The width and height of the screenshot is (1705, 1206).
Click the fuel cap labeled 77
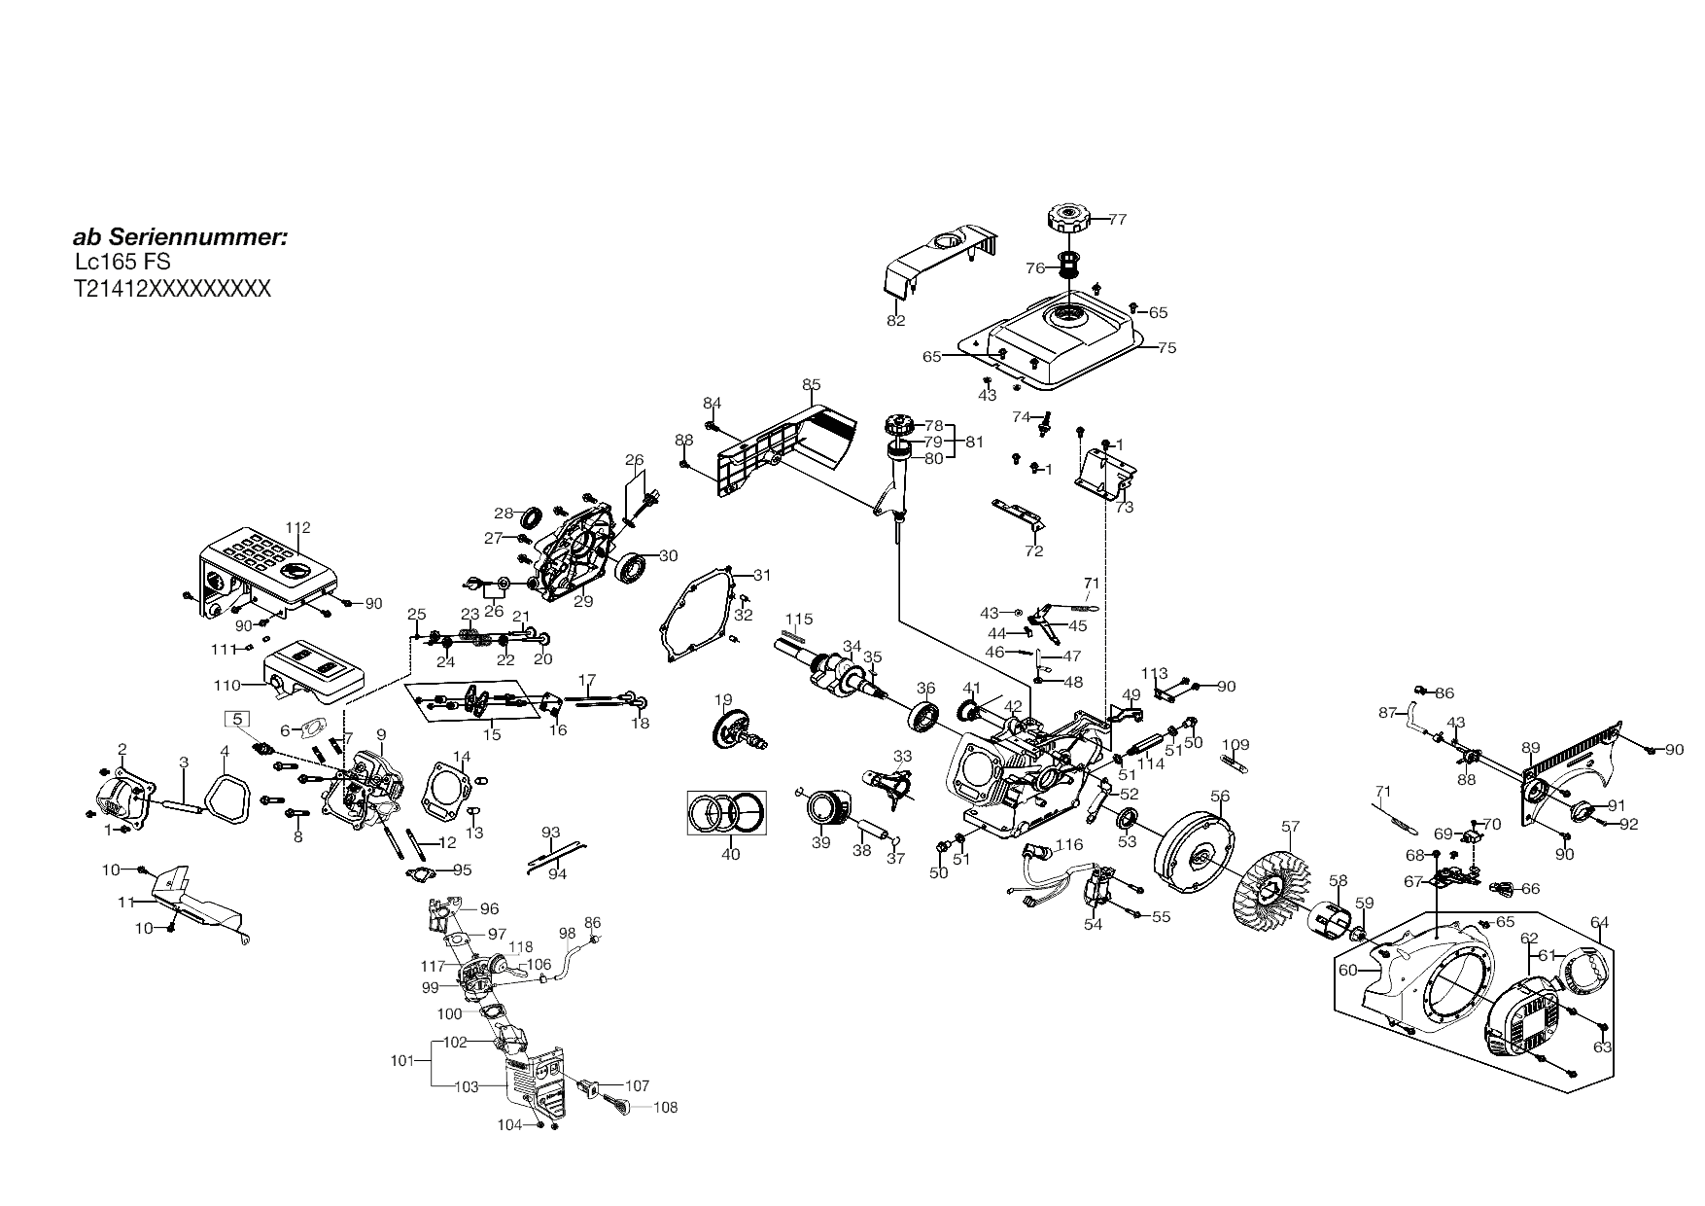(x=1071, y=218)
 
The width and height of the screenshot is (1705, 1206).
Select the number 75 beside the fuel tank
(x=1166, y=348)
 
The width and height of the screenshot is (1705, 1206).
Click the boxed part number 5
(x=238, y=720)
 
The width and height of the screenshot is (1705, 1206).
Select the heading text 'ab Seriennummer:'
(x=180, y=237)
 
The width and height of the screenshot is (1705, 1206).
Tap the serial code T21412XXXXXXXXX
(x=172, y=289)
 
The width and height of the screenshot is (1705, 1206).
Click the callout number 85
(x=812, y=385)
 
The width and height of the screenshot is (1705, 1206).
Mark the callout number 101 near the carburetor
(x=402, y=1060)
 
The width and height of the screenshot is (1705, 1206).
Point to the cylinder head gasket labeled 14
(x=446, y=800)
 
